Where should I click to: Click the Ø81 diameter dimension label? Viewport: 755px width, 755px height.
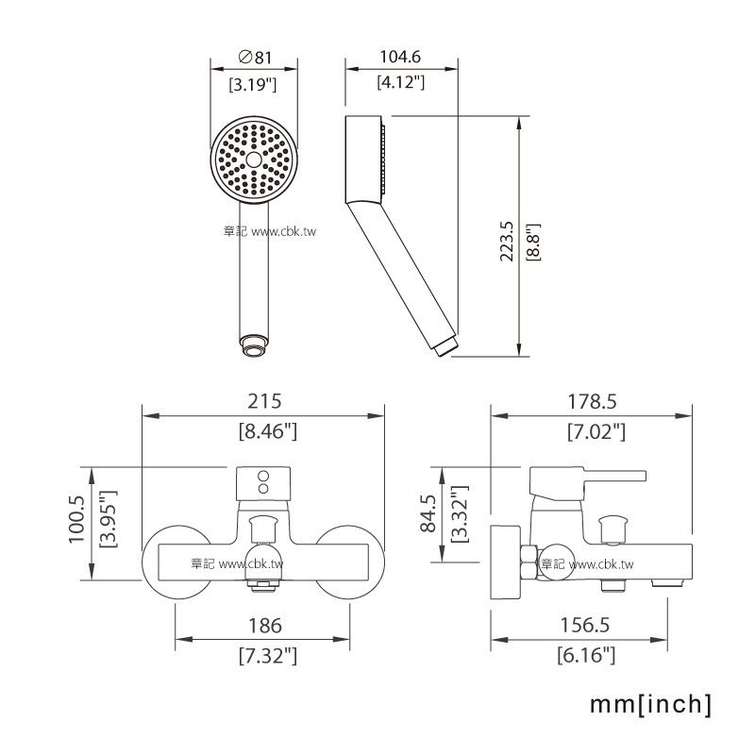pyautogui.click(x=255, y=58)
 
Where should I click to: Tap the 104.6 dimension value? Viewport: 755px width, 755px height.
pyautogui.click(x=400, y=57)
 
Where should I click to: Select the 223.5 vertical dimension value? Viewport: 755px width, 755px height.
pyautogui.click(x=507, y=242)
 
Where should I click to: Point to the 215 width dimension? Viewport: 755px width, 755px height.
pyautogui.click(x=264, y=401)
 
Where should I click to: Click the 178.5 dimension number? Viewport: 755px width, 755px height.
pyautogui.click(x=592, y=402)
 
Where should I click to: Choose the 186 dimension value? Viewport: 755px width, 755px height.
pyautogui.click(x=265, y=626)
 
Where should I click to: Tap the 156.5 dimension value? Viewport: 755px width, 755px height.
pyautogui.click(x=584, y=625)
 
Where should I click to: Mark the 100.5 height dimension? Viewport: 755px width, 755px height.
pyautogui.click(x=76, y=520)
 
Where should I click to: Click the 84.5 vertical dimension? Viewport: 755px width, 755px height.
pyautogui.click(x=428, y=513)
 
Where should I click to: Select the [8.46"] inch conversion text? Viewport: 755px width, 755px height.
pyautogui.click(x=268, y=431)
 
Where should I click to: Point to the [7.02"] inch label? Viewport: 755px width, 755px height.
pyautogui.click(x=596, y=431)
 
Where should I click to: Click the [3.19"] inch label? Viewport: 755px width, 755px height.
pyautogui.click(x=252, y=85)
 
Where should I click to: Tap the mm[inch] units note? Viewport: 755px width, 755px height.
pyautogui.click(x=650, y=704)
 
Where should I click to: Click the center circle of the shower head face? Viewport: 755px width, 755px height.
pyautogui.click(x=254, y=159)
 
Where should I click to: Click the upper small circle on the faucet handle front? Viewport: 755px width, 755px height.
pyautogui.click(x=263, y=477)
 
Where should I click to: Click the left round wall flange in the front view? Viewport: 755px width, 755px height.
pyautogui.click(x=176, y=562)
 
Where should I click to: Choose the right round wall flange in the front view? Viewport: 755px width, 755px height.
pyautogui.click(x=349, y=562)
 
